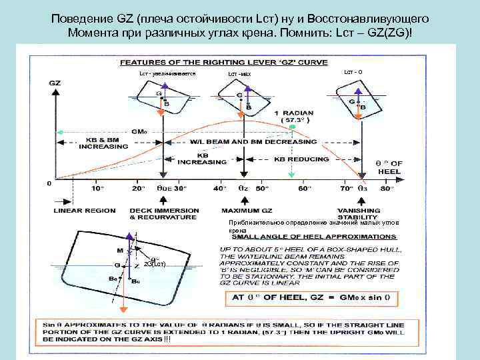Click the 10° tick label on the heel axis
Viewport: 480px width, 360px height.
(x=98, y=189)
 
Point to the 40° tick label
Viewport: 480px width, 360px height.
(x=219, y=189)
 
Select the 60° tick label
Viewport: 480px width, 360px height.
(x=305, y=189)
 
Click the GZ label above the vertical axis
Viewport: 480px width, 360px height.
(x=55, y=83)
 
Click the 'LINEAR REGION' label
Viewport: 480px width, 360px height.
(x=84, y=211)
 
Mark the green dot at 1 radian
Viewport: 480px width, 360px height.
(x=291, y=127)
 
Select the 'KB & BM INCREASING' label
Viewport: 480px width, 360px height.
(x=98, y=144)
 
